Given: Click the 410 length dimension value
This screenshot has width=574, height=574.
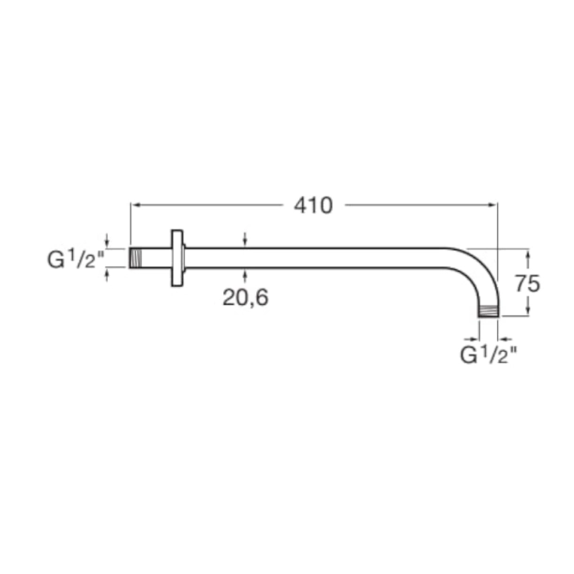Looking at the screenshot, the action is tap(313, 205).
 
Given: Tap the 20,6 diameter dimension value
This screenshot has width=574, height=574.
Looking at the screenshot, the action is tap(246, 297).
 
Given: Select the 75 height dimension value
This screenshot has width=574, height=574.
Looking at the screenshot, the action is tap(527, 283).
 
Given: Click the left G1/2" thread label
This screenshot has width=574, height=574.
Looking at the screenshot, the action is tap(76, 259).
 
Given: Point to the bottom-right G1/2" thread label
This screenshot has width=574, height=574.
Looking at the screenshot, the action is tap(489, 355).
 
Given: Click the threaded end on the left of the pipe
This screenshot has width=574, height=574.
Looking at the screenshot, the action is tap(135, 258).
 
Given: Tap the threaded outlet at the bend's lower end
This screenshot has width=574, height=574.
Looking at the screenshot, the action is tap(489, 311).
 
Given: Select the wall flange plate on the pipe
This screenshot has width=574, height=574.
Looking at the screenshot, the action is tap(177, 258).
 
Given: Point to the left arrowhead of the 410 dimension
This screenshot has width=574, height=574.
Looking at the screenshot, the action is tap(136, 205).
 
